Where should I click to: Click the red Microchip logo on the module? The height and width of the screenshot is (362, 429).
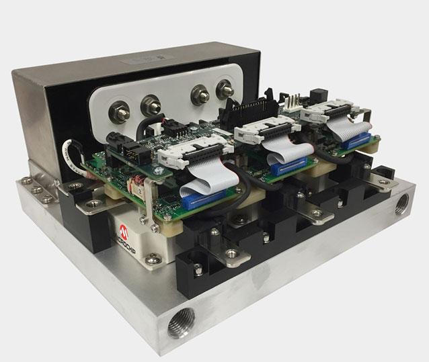[122, 232]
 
